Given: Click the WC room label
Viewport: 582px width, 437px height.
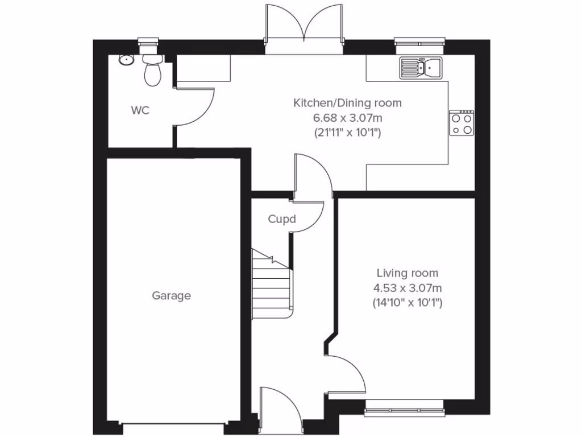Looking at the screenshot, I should point(140,110).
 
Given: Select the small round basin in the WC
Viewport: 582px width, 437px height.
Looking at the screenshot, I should point(125,59).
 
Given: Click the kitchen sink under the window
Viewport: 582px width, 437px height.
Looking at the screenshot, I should point(421,68).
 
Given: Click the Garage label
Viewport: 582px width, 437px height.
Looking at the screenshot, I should point(171,296).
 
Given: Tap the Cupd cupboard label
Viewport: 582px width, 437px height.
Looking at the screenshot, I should point(282,219).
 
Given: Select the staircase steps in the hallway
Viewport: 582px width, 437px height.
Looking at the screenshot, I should point(272,285).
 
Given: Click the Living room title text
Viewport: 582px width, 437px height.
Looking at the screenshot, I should point(408,274).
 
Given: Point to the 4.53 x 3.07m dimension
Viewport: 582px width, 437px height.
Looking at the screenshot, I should point(408,288).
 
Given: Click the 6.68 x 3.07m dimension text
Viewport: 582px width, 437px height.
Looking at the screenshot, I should point(347,118).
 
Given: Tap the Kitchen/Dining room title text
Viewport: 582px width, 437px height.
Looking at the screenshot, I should point(347,103).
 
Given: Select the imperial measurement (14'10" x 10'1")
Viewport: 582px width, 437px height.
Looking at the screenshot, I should point(408,303).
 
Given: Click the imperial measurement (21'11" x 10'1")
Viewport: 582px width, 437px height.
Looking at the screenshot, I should point(347,133).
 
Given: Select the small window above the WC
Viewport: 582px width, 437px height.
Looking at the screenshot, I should point(148,40).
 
